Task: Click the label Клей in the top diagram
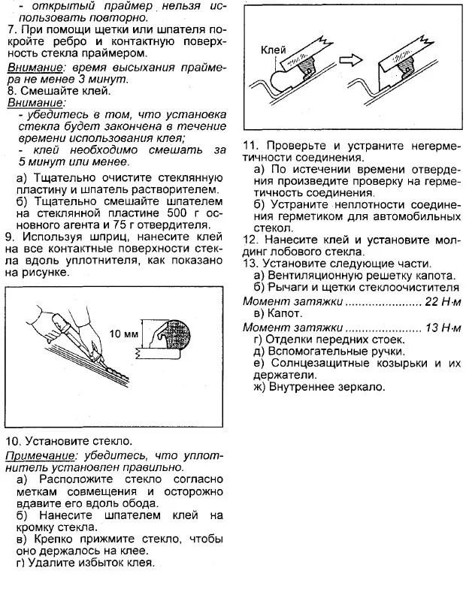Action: [274, 50]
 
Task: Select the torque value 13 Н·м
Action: [445, 328]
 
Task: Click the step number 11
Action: [250, 146]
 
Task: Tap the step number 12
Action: [250, 240]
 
